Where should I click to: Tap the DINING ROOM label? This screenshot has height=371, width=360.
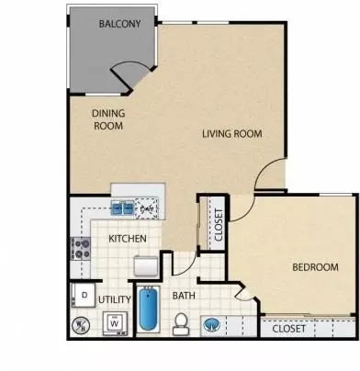click(107, 119)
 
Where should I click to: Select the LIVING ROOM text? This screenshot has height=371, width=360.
click(232, 134)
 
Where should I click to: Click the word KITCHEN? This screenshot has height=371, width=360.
click(126, 238)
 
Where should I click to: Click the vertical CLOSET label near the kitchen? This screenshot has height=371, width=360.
click(219, 224)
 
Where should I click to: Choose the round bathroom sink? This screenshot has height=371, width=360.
click(212, 325)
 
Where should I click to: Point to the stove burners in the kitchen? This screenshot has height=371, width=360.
click(79, 246)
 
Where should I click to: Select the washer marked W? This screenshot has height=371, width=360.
click(114, 322)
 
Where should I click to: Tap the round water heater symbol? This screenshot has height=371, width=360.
click(80, 324)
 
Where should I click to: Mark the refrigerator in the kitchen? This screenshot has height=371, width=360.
click(146, 265)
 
